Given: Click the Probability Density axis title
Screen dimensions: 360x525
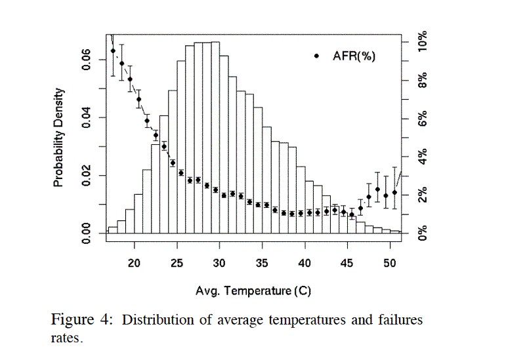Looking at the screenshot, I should [x=59, y=138].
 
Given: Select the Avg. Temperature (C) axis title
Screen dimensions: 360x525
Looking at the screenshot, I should [x=253, y=290].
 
